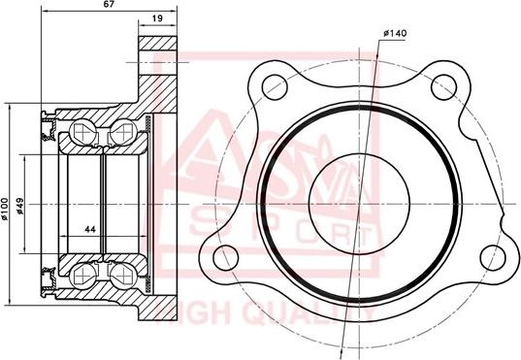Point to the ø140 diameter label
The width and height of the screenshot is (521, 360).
[395, 33]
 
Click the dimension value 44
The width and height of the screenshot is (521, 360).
[90, 229]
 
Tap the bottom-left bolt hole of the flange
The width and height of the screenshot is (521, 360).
[225, 257]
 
